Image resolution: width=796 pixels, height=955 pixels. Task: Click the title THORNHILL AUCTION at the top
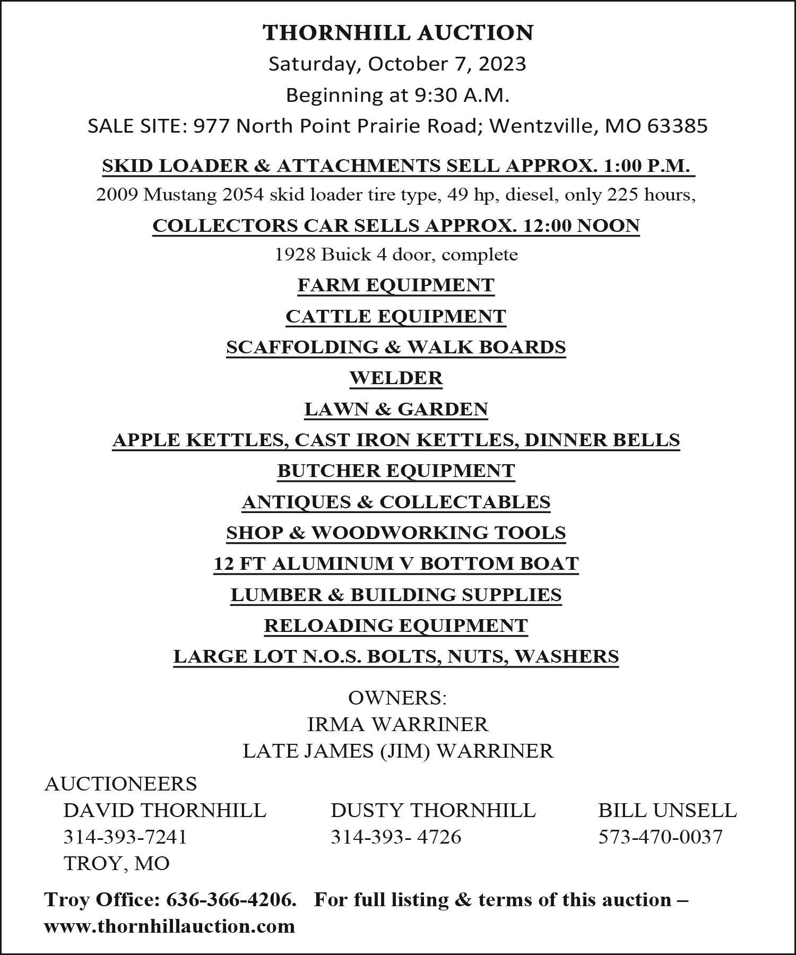click(x=398, y=33)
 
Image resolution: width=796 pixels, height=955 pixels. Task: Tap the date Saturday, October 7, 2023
click(x=397, y=64)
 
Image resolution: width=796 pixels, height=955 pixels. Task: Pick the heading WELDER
click(x=396, y=378)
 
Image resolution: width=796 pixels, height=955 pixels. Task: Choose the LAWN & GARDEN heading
click(x=396, y=409)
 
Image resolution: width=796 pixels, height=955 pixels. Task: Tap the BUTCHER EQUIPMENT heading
click(x=396, y=471)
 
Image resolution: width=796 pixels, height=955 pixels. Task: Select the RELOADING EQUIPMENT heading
click(x=396, y=626)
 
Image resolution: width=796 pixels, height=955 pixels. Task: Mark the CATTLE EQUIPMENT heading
click(x=396, y=316)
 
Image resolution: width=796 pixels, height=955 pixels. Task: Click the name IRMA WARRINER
click(x=397, y=724)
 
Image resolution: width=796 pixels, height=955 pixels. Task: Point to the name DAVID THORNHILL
click(x=165, y=810)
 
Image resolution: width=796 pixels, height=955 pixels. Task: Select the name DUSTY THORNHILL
click(x=433, y=810)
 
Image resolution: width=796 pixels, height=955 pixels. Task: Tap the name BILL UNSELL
click(x=668, y=810)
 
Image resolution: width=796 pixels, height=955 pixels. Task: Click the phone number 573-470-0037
click(x=660, y=837)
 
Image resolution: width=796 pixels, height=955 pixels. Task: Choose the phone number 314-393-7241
click(x=125, y=837)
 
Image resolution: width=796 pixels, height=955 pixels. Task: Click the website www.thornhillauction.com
click(x=169, y=926)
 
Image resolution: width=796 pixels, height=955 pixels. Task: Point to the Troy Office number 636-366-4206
click(x=230, y=900)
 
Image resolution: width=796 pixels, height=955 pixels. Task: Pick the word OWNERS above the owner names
click(x=396, y=698)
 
